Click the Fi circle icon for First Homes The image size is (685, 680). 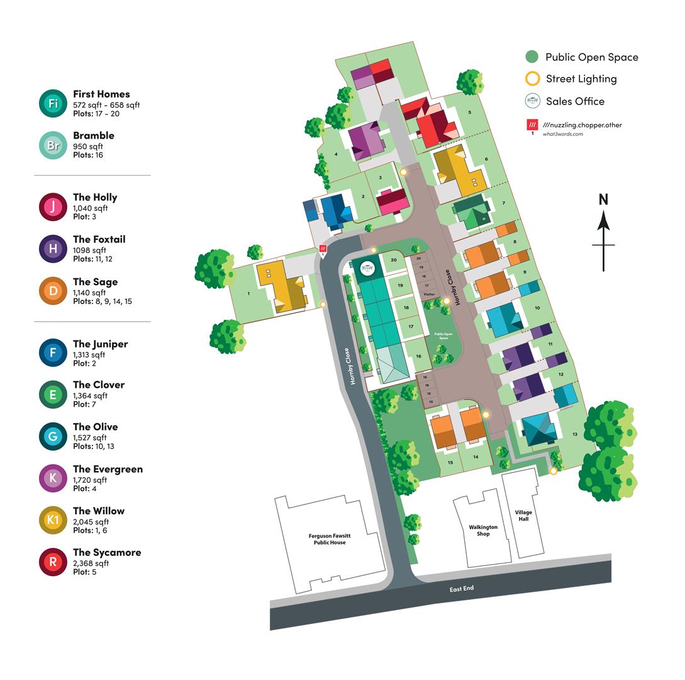click(53, 103)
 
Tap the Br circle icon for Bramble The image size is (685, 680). click(53, 145)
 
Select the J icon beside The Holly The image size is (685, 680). click(53, 207)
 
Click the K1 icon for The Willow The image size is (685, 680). click(53, 520)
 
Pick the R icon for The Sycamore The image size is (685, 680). click(53, 562)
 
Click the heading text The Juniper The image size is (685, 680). click(100, 344)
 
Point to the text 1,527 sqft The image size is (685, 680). click(90, 437)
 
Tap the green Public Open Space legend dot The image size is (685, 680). click(532, 57)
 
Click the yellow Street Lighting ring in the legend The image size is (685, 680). click(532, 79)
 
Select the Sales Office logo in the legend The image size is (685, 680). click(532, 101)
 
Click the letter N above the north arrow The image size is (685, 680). click(603, 200)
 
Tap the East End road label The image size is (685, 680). click(462, 589)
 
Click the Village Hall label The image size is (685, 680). click(523, 516)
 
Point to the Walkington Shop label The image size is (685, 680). click(483, 530)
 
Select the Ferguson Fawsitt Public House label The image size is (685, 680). click(330, 539)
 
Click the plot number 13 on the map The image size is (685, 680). click(575, 434)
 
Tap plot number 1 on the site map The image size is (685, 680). click(249, 293)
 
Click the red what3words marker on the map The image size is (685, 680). click(323, 249)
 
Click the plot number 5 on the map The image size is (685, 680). click(469, 113)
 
